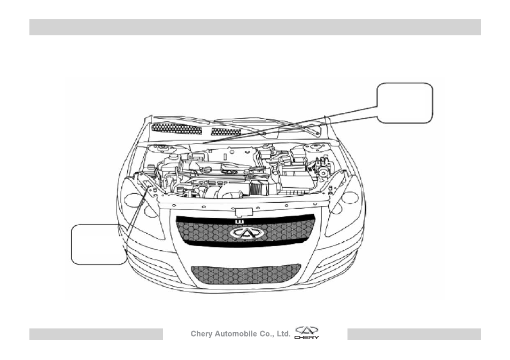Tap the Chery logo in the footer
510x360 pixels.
[x=307, y=333]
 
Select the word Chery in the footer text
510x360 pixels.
[x=202, y=334]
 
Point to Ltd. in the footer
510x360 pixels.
[x=283, y=334]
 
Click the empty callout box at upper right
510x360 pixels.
[x=405, y=103]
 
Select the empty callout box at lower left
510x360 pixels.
[x=99, y=244]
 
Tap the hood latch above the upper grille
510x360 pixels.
[x=244, y=212]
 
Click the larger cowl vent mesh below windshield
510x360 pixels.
[x=176, y=129]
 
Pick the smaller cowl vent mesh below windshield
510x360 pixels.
[x=226, y=132]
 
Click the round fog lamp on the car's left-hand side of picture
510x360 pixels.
[x=133, y=198]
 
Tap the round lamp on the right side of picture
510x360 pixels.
[x=350, y=197]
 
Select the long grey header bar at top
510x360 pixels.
[x=255, y=27]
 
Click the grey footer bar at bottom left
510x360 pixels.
[x=96, y=334]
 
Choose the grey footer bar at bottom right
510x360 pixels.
[x=414, y=334]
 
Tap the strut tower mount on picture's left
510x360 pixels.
[x=162, y=149]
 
